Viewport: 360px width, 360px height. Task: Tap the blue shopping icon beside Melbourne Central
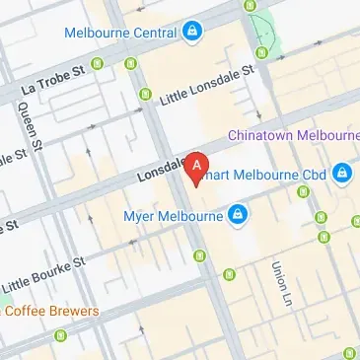pos(192,32)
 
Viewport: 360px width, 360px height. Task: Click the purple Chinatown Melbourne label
pos(293,134)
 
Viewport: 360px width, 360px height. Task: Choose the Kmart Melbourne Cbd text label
pos(275,175)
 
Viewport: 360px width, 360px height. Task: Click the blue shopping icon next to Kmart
pos(342,175)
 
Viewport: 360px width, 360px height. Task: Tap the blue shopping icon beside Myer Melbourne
pos(238,213)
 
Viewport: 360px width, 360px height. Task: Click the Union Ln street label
pos(279,280)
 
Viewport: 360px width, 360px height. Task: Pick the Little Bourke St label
pos(44,274)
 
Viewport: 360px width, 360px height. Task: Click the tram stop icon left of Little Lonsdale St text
pos(146,95)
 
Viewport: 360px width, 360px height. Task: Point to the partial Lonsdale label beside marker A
pos(162,173)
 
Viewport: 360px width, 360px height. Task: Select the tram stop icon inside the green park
pos(261,50)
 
